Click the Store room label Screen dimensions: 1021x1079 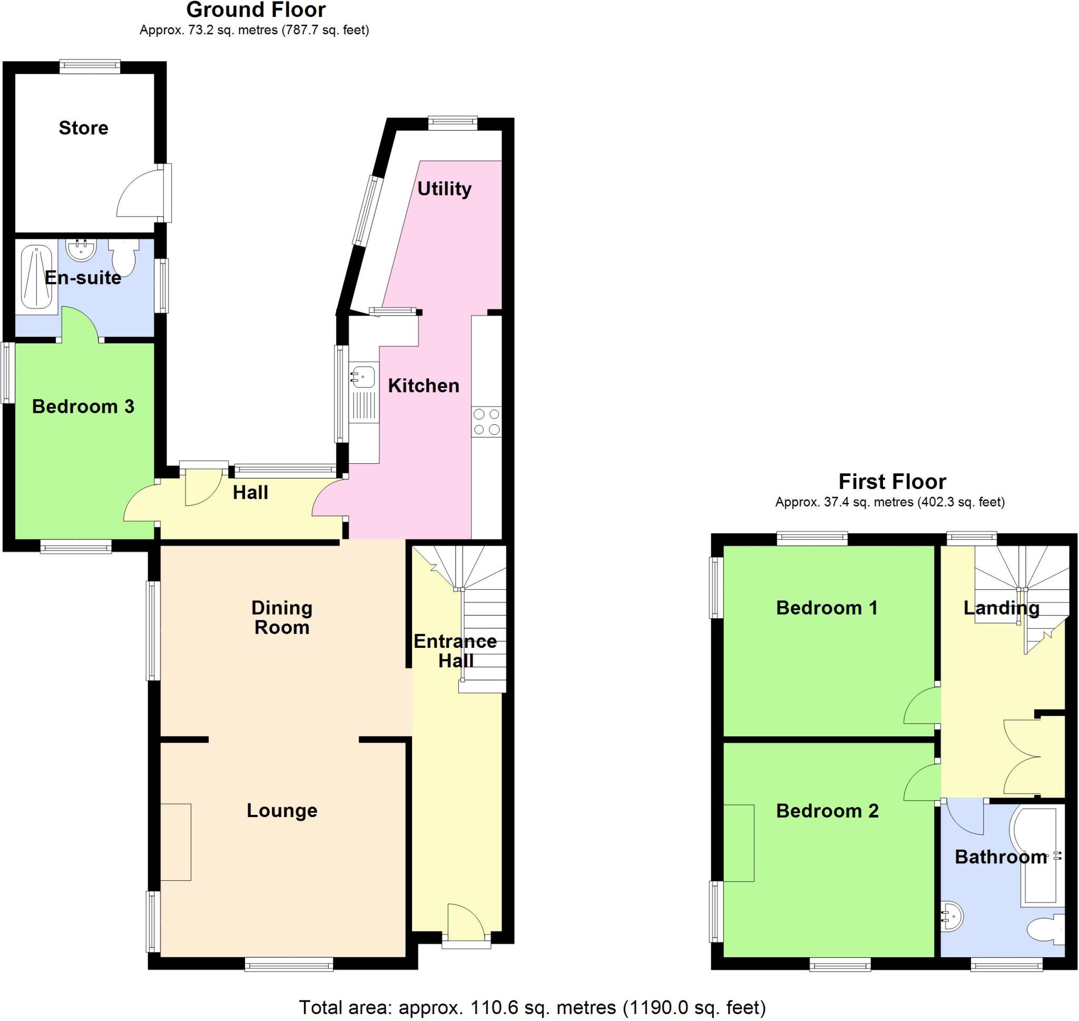[83, 128]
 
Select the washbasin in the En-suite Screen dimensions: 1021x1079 [81, 250]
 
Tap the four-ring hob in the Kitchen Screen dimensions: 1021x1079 [487, 422]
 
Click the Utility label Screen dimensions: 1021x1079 [444, 189]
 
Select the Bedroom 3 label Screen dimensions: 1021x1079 [83, 406]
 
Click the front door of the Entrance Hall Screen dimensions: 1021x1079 [466, 923]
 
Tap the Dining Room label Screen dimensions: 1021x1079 [282, 617]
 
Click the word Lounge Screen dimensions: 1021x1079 [282, 810]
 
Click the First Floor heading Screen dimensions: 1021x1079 [892, 482]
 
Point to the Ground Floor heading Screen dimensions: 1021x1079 [256, 10]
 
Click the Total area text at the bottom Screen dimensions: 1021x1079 [533, 1007]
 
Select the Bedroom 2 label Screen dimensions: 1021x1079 [827, 811]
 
